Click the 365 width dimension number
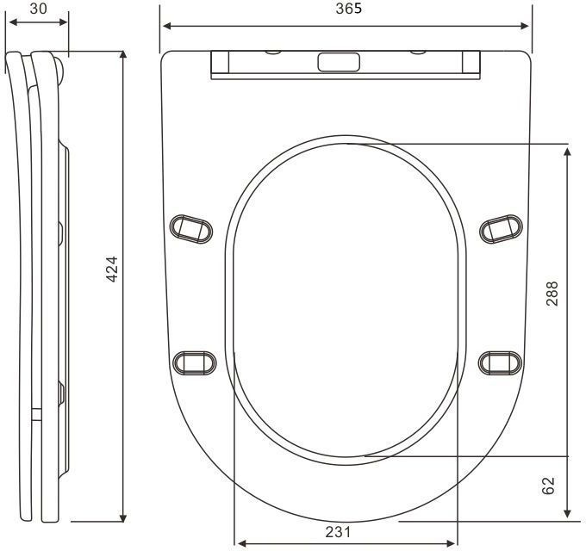click(349, 9)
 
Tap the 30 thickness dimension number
click(39, 9)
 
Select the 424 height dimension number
click(112, 269)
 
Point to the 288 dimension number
click(552, 294)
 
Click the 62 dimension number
click(548, 486)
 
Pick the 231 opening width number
click(338, 532)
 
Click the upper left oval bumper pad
click(191, 229)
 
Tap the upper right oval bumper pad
click(502, 229)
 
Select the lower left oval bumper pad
click(195, 362)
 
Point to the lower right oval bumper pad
click(501, 362)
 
